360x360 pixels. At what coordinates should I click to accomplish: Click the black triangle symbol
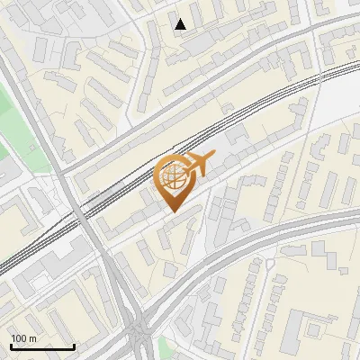tap(181, 23)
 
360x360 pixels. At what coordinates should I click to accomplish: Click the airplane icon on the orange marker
tap(200, 164)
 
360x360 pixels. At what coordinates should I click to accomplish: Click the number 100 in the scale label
tap(18, 338)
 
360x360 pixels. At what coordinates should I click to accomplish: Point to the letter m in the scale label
tap(31, 338)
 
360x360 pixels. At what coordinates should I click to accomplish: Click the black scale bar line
tap(42, 346)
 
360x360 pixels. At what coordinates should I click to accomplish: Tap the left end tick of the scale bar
tap(11, 345)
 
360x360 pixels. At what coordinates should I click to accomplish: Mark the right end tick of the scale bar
tap(74, 345)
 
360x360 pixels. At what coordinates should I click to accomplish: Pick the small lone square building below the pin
tap(170, 270)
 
